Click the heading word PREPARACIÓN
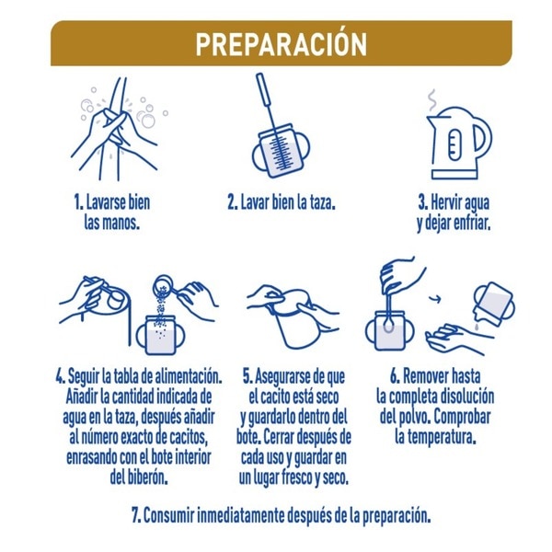point(282,44)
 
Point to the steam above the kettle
point(432,99)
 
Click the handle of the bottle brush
point(262,88)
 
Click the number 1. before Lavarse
point(78,202)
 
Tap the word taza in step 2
point(321,202)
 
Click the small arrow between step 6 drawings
point(435,299)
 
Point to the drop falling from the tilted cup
point(477,327)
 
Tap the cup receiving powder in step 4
point(160,336)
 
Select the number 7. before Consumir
point(136,515)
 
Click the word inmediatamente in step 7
point(240,515)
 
